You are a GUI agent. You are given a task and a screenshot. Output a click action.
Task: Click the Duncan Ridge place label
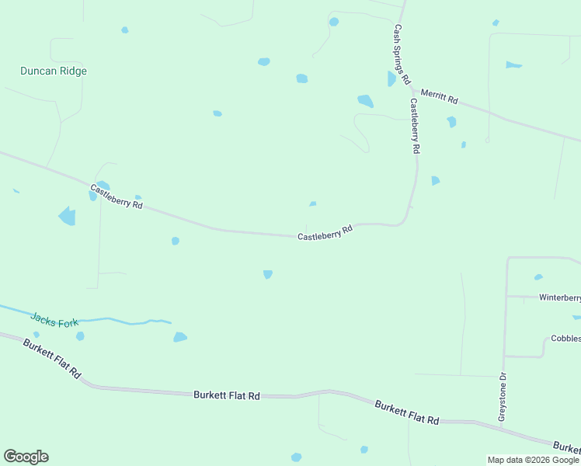click(x=53, y=71)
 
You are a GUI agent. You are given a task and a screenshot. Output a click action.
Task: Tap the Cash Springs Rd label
click(x=402, y=54)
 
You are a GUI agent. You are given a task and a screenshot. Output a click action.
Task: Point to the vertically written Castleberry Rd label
click(x=415, y=125)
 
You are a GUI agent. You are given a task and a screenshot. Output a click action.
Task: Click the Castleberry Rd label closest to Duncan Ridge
click(x=117, y=196)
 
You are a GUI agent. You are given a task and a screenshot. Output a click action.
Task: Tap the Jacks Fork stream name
click(x=54, y=319)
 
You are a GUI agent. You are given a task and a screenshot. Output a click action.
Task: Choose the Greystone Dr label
click(x=503, y=397)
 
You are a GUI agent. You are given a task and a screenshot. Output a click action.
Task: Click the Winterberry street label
click(x=559, y=297)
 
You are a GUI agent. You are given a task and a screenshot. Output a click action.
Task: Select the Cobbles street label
click(x=565, y=339)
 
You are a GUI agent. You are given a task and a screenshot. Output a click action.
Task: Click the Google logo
click(x=26, y=457)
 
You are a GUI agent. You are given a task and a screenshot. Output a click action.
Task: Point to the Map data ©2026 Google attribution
click(x=534, y=460)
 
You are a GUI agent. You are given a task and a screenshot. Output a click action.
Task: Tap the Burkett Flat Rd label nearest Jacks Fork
click(x=52, y=358)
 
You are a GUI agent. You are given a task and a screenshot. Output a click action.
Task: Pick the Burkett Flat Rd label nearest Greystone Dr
click(x=406, y=412)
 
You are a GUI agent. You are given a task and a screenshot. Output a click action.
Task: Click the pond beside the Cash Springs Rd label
click(x=391, y=78)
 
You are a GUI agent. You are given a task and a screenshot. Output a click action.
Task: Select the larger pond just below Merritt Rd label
click(x=451, y=121)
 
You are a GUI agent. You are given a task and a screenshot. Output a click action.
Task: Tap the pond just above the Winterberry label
click(x=538, y=277)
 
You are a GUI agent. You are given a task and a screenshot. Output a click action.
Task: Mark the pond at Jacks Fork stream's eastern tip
click(x=179, y=337)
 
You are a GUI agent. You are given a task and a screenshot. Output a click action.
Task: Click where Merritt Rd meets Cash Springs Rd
click(x=410, y=88)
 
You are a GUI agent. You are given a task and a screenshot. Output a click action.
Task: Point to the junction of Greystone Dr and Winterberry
click(x=506, y=296)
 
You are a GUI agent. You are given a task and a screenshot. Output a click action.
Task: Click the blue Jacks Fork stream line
click(x=117, y=320)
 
